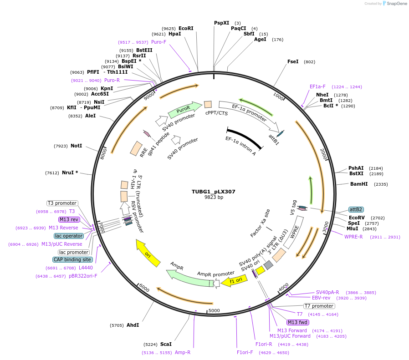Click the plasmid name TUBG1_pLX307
click(x=213, y=192)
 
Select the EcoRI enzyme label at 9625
click(x=186, y=28)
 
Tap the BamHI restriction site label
click(x=358, y=184)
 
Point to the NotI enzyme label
click(x=76, y=146)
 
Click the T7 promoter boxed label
click(x=319, y=306)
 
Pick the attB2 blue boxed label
click(x=356, y=209)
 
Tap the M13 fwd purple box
click(x=297, y=322)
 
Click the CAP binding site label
click(x=72, y=259)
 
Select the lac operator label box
click(x=69, y=236)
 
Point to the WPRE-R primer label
click(x=353, y=237)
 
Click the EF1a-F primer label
click(x=317, y=86)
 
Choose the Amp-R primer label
click(x=183, y=352)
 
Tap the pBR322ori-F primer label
click(x=83, y=276)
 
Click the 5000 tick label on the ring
click(x=214, y=310)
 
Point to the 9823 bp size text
click(x=213, y=198)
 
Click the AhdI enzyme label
click(x=133, y=325)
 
